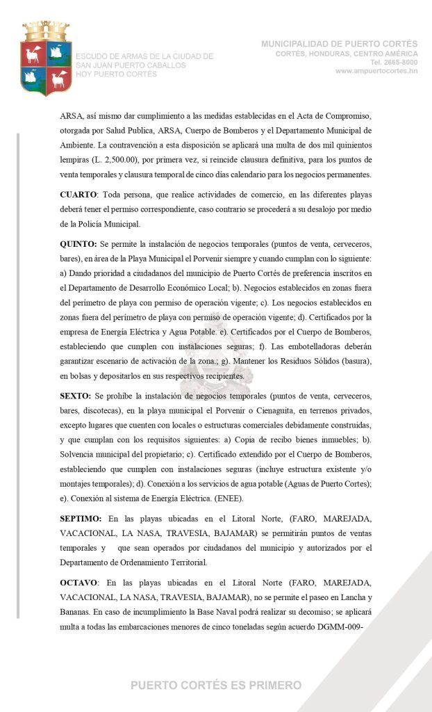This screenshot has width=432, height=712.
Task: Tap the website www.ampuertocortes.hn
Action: tap(376, 71)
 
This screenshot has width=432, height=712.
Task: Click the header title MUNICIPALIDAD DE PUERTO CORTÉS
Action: tap(340, 44)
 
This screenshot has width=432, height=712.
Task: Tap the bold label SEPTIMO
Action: tap(81, 518)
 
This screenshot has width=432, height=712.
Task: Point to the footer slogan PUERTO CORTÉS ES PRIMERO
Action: tap(216, 685)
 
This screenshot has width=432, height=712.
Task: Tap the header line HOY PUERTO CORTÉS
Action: tap(116, 74)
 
